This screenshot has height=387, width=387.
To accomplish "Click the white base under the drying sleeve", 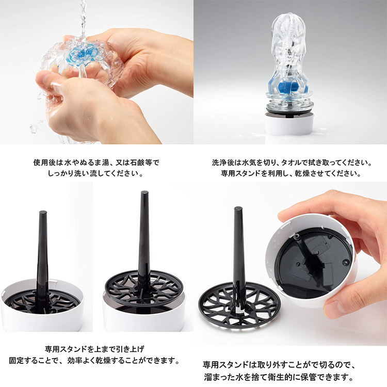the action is pos(289,124).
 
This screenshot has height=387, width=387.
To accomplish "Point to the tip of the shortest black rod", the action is pos(43,212).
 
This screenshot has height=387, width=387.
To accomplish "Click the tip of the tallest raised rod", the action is pos(144,192).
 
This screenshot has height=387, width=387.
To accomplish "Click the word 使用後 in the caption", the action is pos(44,163).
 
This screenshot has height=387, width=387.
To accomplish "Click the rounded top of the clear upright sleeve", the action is pos(288,21).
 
